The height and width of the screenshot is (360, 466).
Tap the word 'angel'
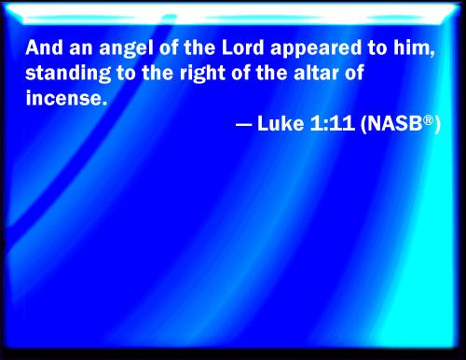pos(113,48)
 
